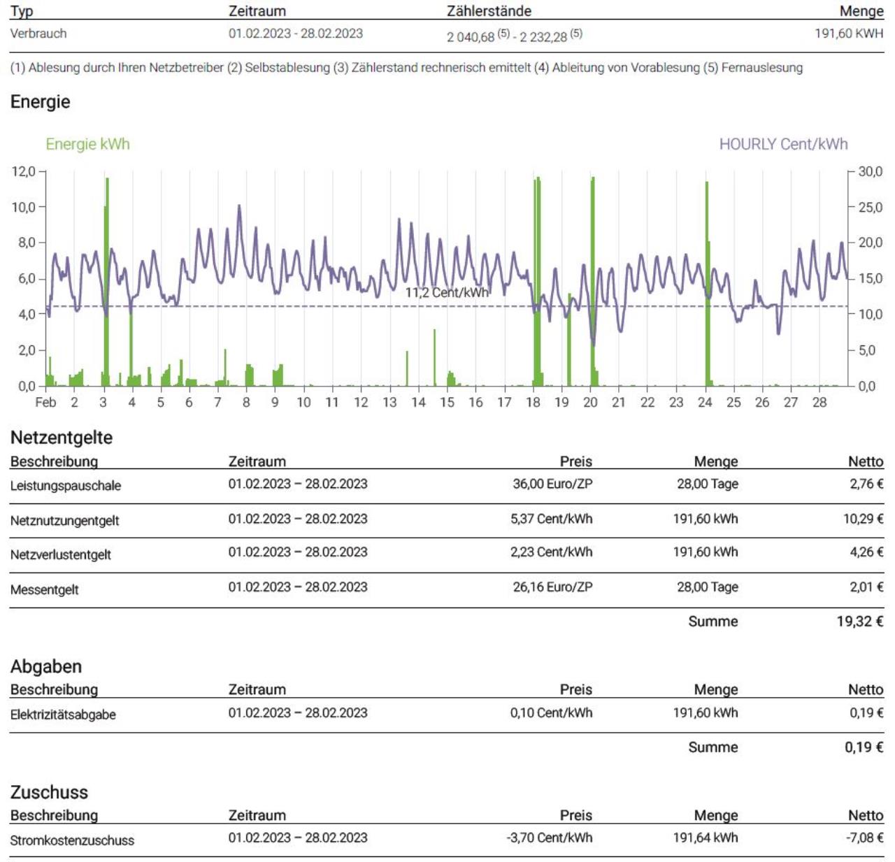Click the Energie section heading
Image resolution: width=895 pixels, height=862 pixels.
pyautogui.click(x=40, y=102)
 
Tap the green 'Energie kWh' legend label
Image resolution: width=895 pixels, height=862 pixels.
pyautogui.click(x=88, y=144)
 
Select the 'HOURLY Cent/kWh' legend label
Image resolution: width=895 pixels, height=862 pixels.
pyautogui.click(x=783, y=144)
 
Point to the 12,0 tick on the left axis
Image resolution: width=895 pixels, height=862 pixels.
pyautogui.click(x=23, y=171)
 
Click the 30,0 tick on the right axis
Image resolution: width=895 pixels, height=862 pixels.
pyautogui.click(x=871, y=171)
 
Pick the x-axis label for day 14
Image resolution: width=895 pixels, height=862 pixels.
pyautogui.click(x=418, y=402)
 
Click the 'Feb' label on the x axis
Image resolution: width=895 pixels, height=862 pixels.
pyautogui.click(x=45, y=402)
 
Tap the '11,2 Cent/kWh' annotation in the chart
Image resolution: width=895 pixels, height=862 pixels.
pyautogui.click(x=447, y=292)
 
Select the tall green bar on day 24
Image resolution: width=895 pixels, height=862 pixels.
pyautogui.click(x=708, y=284)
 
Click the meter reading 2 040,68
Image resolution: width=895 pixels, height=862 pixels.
pyautogui.click(x=471, y=37)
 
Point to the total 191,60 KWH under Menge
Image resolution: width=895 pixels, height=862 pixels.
pyautogui.click(x=849, y=34)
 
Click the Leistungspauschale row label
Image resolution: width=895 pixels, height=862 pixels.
pyautogui.click(x=66, y=485)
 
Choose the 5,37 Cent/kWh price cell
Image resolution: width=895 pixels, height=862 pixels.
pyautogui.click(x=551, y=519)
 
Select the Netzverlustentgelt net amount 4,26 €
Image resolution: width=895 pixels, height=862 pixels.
pyautogui.click(x=866, y=552)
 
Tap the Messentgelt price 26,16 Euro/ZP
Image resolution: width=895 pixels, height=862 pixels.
pyautogui.click(x=552, y=587)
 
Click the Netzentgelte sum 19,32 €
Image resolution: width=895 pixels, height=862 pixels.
pyautogui.click(x=860, y=621)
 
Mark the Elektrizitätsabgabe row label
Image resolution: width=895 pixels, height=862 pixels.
pyautogui.click(x=63, y=714)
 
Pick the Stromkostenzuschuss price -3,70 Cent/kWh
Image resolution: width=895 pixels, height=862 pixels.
pyautogui.click(x=549, y=838)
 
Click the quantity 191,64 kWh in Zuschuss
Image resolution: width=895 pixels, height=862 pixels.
pyautogui.click(x=706, y=838)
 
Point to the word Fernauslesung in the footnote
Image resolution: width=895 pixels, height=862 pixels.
pyautogui.click(x=761, y=68)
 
